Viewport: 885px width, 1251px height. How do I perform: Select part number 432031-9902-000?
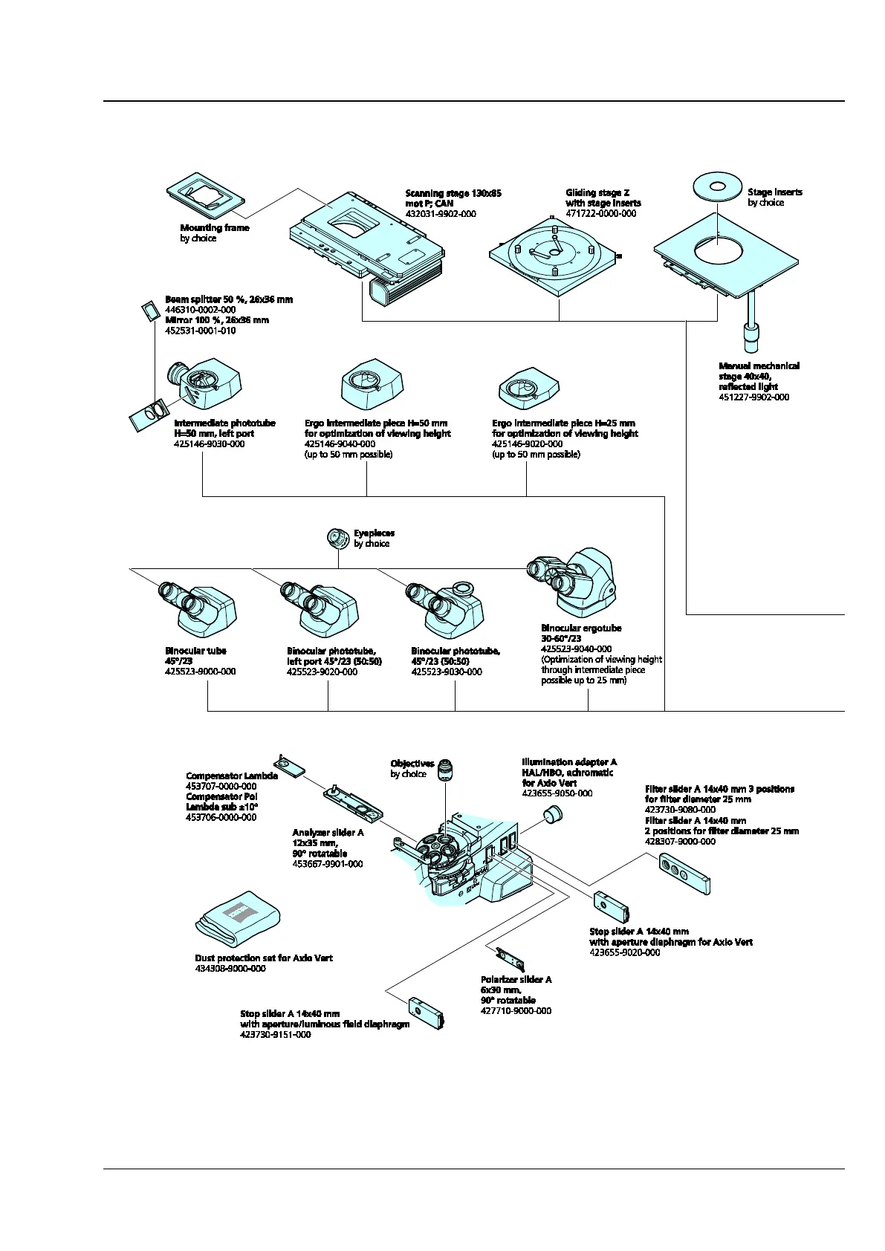point(441,214)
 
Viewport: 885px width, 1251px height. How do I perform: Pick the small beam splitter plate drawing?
point(149,309)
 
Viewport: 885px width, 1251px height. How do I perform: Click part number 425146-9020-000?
point(527,444)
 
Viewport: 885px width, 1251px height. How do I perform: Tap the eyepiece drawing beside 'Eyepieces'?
point(338,538)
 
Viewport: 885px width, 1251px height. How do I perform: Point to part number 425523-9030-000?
point(447,672)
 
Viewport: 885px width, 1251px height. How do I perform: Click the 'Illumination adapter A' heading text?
point(568,762)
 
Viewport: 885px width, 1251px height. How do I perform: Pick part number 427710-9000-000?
point(516,1011)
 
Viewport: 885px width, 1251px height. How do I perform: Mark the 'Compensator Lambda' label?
point(232,776)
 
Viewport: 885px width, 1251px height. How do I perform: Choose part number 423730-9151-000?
point(275,1035)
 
